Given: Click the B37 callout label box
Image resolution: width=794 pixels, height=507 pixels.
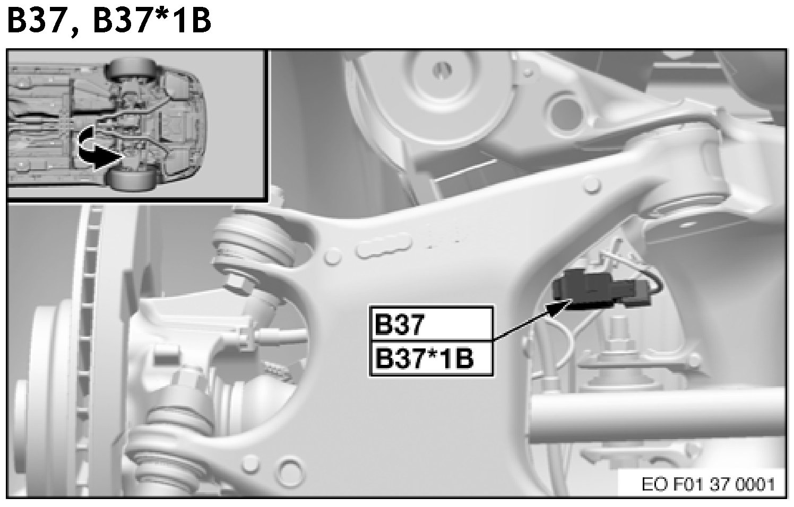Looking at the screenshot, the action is [x=431, y=325].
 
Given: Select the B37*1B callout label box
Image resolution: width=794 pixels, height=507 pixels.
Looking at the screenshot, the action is [x=431, y=359].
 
